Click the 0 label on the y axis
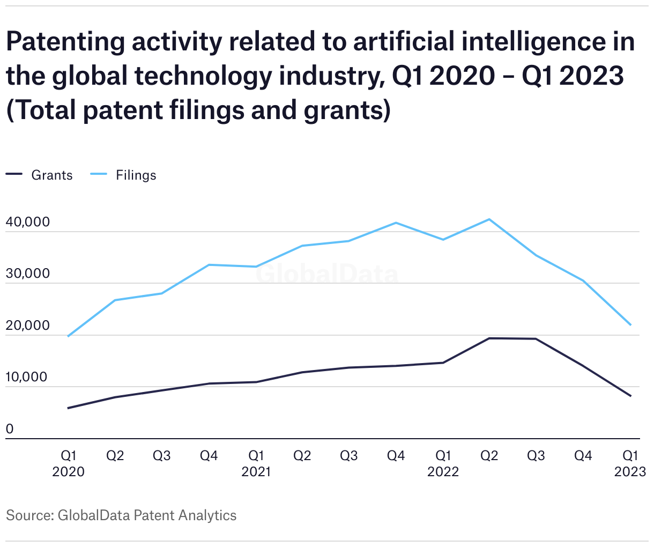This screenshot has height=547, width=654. pyautogui.click(x=10, y=429)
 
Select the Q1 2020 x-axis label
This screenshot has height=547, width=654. pyautogui.click(x=68, y=463)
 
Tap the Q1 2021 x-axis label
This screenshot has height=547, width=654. pyautogui.click(x=256, y=463)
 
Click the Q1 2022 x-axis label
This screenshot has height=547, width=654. pyautogui.click(x=443, y=463)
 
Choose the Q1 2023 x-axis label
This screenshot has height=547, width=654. pyautogui.click(x=630, y=463)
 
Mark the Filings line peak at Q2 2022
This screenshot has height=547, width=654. pyautogui.click(x=489, y=219)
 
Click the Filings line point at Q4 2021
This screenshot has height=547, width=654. pyautogui.click(x=396, y=223)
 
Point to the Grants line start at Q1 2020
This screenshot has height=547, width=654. pyautogui.click(x=68, y=408)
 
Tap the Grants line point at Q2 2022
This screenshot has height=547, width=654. pyautogui.click(x=489, y=338)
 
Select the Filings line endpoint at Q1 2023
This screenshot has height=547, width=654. pyautogui.click(x=630, y=325)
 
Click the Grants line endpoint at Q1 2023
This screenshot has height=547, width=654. pyautogui.click(x=630, y=396)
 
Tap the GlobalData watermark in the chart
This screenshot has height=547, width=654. pyautogui.click(x=326, y=275)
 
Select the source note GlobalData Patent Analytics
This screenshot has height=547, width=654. pyautogui.click(x=121, y=515)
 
